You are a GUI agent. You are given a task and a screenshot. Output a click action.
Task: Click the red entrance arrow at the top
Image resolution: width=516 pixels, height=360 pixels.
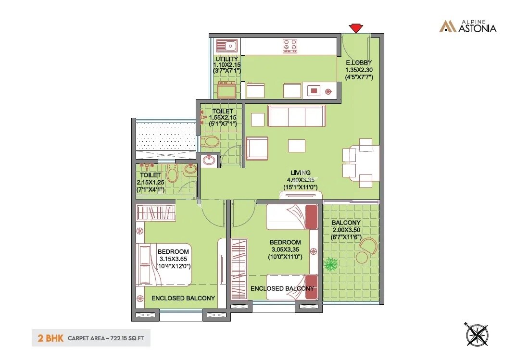coord(355,28)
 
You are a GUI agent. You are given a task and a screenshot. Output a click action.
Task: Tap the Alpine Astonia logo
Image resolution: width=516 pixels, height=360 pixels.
coord(467,26)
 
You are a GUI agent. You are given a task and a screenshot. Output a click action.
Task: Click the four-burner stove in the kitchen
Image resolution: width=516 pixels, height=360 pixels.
coord(290,46)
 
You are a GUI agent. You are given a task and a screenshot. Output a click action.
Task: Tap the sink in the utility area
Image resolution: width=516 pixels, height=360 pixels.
coord(227,46)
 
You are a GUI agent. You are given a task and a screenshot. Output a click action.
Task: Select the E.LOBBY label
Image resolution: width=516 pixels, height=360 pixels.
coord(359,62)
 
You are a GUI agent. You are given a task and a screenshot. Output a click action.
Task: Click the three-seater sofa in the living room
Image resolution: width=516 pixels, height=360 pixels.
coord(296,116)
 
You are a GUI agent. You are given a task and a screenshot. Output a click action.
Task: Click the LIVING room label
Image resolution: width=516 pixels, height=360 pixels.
coord(301,173)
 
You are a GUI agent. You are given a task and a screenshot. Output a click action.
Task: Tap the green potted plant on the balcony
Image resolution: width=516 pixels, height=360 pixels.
coord(331,265)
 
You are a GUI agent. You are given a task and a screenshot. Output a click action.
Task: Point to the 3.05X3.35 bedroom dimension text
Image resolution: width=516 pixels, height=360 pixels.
coord(285,249)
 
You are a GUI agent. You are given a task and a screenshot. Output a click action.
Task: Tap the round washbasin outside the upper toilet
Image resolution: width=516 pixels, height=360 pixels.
coord(209,161)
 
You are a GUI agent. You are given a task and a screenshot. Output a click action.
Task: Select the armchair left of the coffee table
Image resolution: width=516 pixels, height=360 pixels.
coord(257,148)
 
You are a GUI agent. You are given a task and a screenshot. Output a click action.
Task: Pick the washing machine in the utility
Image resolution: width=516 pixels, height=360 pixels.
coord(227,89)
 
